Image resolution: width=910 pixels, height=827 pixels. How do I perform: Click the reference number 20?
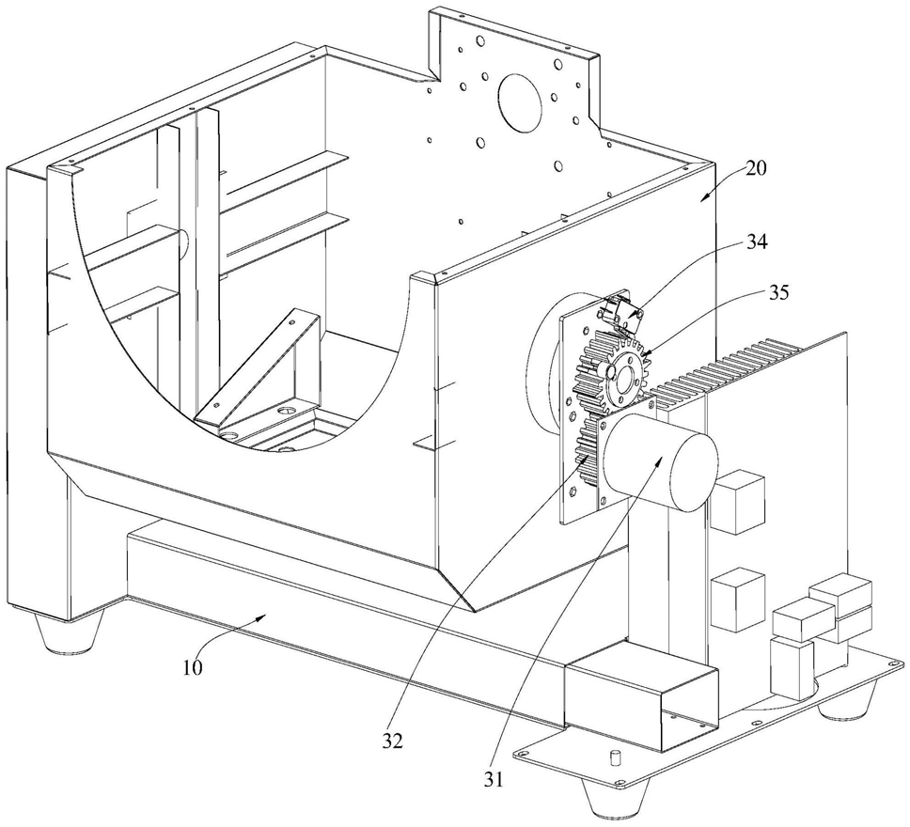(756, 168)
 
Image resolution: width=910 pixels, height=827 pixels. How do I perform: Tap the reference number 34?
(756, 242)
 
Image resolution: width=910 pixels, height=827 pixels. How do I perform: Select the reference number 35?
(777, 292)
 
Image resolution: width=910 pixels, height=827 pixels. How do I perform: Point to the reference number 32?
(392, 741)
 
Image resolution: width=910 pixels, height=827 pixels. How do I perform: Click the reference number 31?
(493, 779)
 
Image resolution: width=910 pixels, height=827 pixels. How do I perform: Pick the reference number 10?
(193, 667)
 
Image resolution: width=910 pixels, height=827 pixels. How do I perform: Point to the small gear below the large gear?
(588, 450)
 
